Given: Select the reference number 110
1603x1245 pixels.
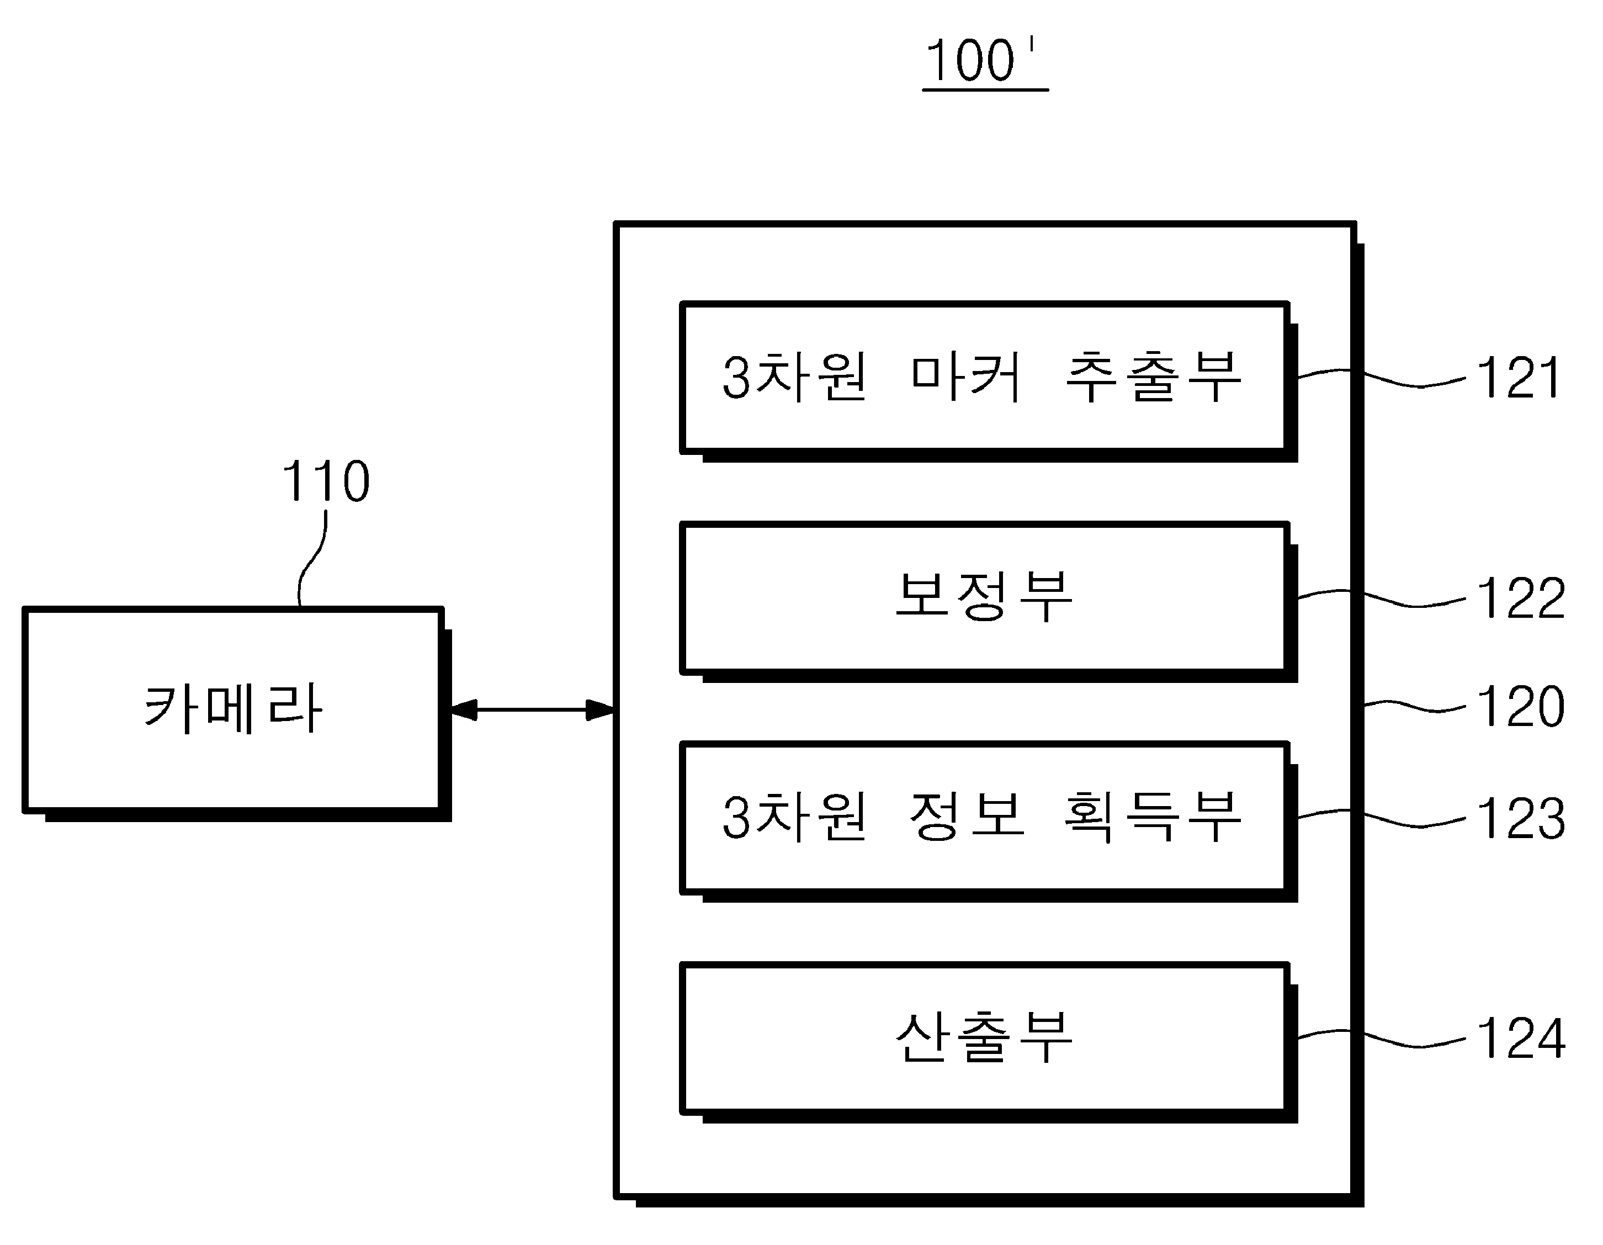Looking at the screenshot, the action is point(326,481).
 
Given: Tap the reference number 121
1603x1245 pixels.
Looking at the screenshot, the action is point(1519,378).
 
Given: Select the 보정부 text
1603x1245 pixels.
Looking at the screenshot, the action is point(984,596).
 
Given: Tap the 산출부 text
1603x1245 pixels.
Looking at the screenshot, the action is point(984,1036).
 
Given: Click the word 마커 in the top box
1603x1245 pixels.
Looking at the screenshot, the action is point(966,377).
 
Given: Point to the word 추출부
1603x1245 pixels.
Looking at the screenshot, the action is point(1153,377).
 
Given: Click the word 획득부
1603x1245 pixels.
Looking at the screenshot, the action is point(1153,817).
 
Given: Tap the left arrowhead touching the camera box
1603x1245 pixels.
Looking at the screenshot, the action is point(463,710).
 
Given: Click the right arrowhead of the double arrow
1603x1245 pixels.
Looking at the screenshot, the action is point(601,710).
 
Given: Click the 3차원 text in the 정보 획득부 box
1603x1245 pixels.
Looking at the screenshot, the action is point(794,817).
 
